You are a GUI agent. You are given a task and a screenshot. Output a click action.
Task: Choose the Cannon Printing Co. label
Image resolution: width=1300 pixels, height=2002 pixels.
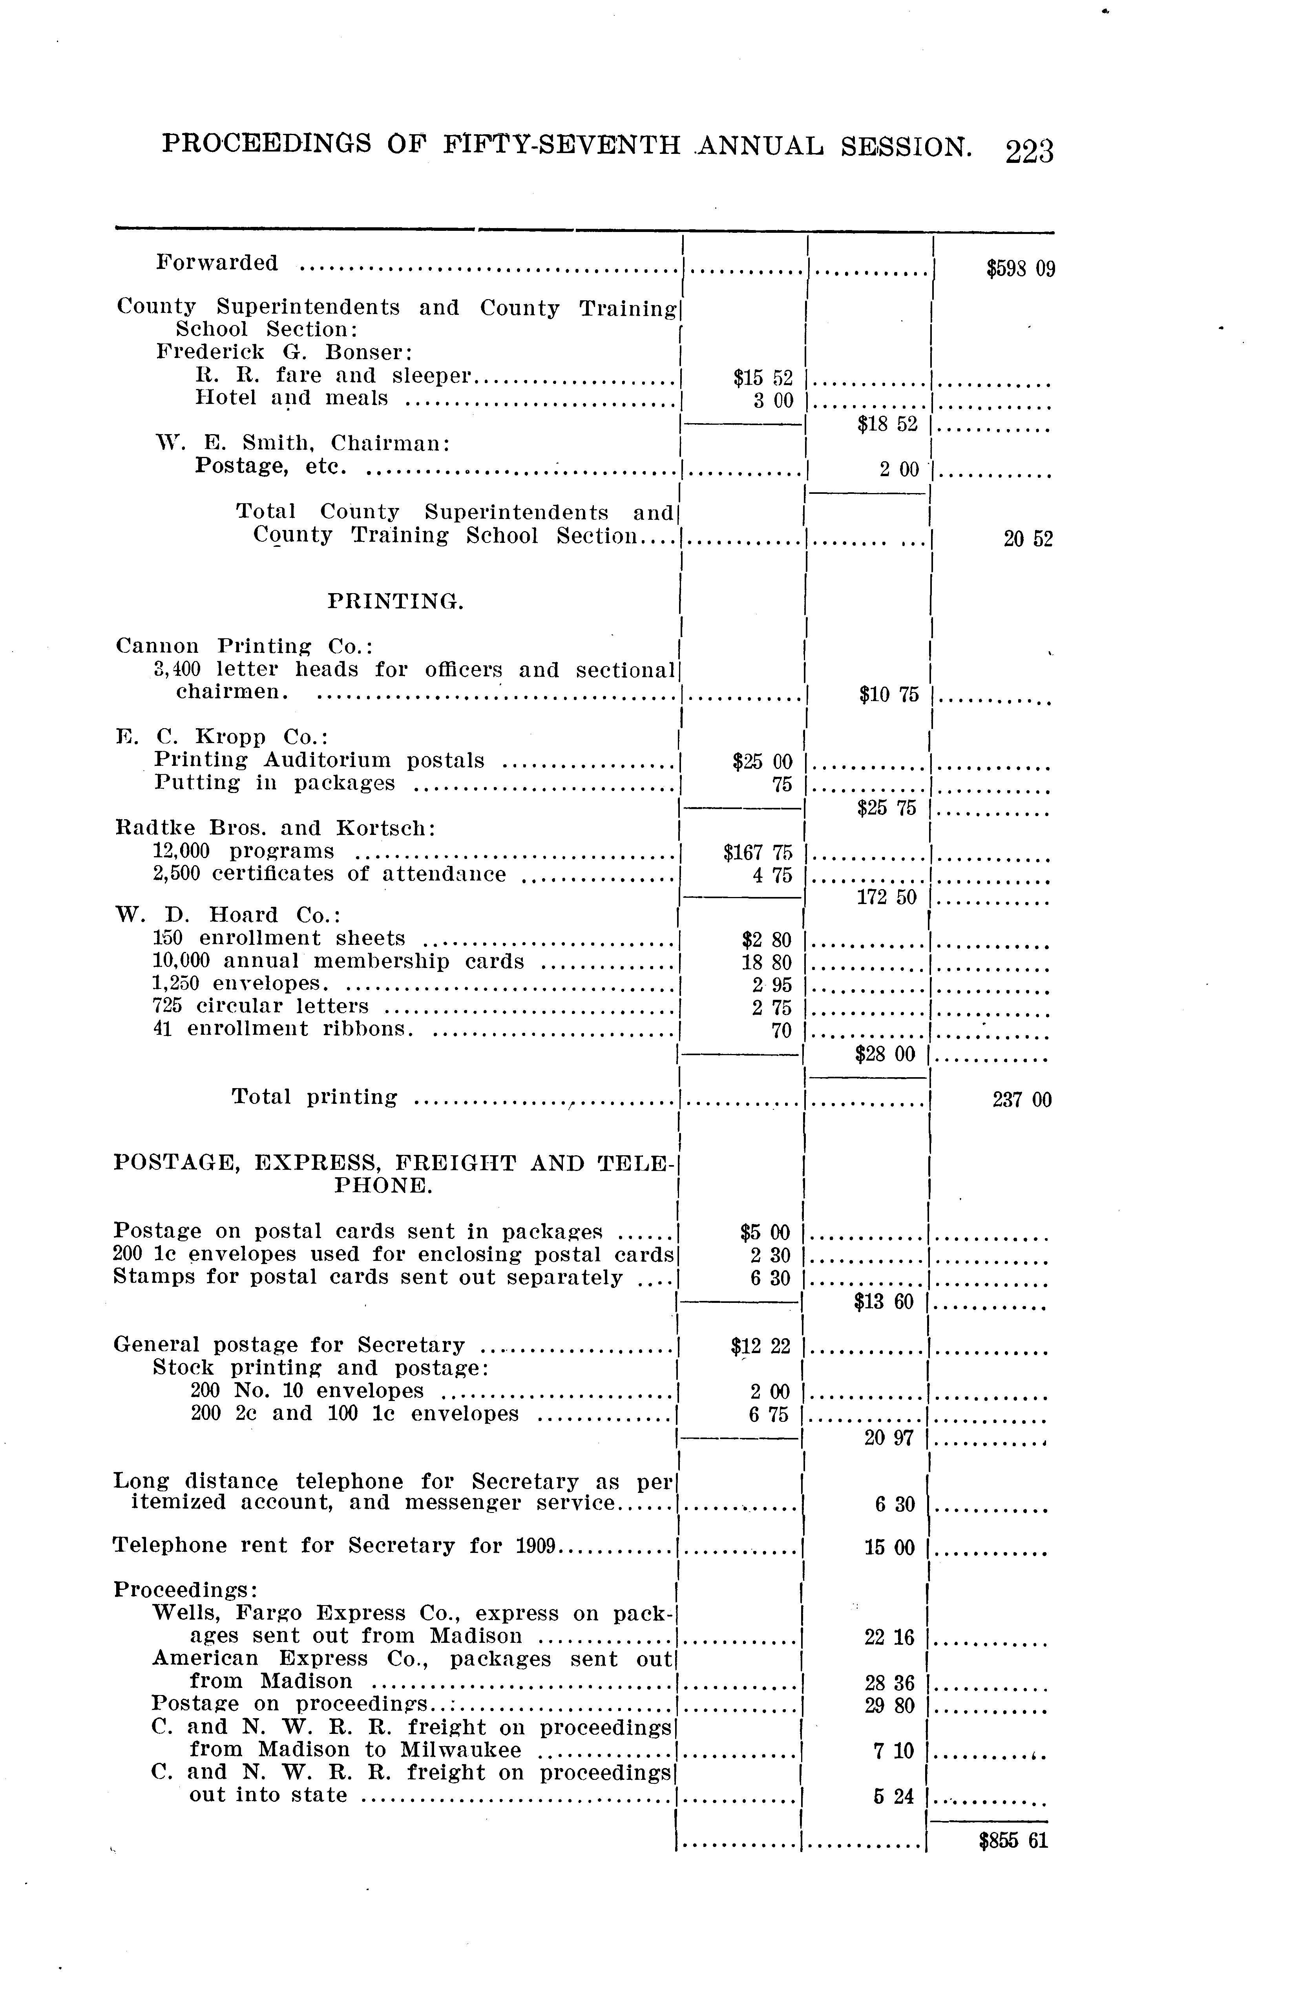244,646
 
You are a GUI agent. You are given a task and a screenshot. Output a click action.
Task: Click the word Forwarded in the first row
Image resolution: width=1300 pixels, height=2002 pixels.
217,263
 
